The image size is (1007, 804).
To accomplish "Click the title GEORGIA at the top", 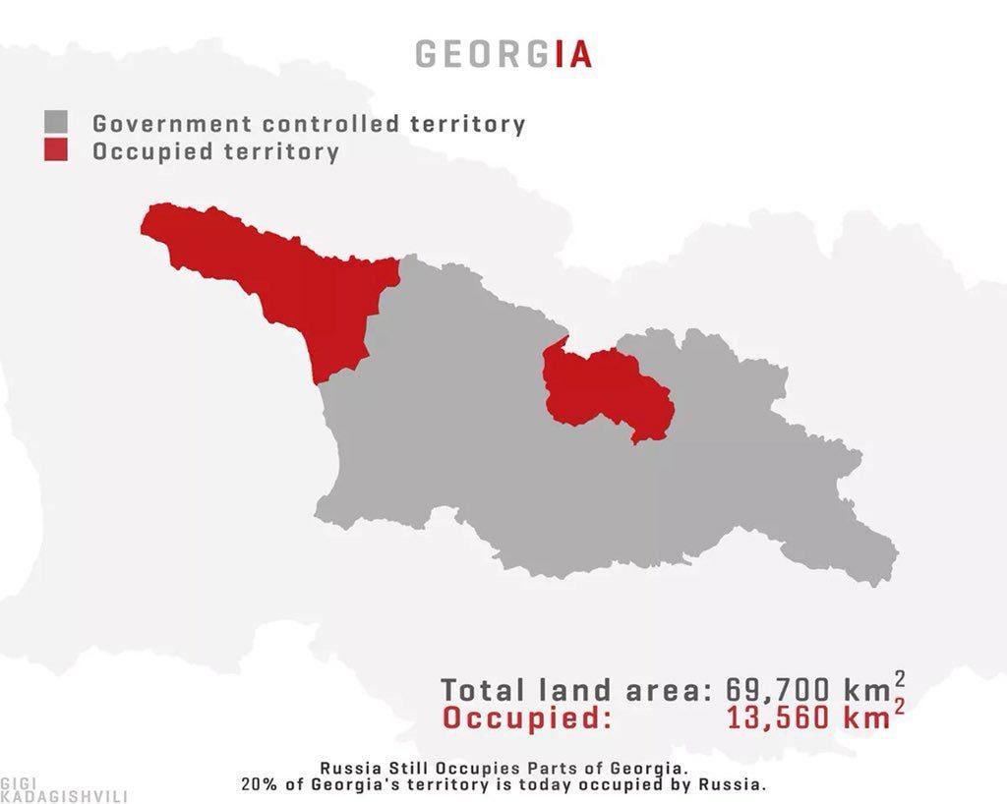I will pos(503,53).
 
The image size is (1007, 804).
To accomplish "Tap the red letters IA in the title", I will pos(573,53).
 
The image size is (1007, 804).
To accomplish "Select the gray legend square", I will pos(56,123).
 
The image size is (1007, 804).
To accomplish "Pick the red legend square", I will pos(56,151).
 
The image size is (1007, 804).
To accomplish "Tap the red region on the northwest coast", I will pos(295,275).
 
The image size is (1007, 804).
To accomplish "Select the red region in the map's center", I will pos(605,388).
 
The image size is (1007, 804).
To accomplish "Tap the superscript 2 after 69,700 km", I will pos(900,678).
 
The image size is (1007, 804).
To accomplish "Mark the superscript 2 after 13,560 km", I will pos(900,707).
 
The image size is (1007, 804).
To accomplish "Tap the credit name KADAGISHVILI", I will pos(64,796).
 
